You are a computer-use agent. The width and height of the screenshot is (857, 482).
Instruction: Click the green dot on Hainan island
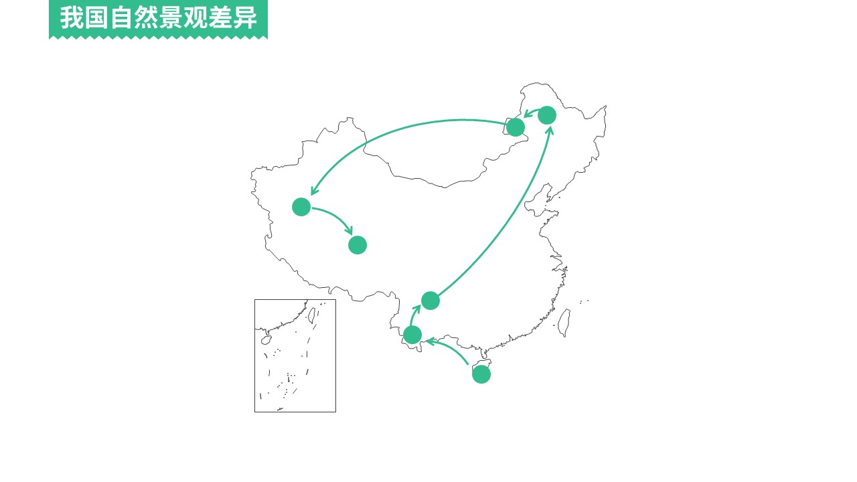(481, 374)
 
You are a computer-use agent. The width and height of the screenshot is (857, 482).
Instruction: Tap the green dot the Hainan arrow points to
(412, 335)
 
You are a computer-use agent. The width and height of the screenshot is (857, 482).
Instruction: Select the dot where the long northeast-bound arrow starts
(431, 301)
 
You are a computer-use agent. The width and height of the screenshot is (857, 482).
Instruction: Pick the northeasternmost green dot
(547, 115)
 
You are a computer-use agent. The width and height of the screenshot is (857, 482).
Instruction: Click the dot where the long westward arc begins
(516, 127)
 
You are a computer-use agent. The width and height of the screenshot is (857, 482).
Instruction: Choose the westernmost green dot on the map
(301, 207)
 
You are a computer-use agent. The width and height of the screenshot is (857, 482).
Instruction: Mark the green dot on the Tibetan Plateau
(358, 245)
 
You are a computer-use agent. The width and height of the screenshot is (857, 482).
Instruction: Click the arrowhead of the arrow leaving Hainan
(431, 341)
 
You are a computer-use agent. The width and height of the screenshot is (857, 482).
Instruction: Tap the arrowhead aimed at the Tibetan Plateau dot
(348, 230)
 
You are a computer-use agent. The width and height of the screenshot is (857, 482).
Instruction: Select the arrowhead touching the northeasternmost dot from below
(550, 131)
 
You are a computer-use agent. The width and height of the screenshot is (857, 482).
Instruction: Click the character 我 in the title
(72, 17)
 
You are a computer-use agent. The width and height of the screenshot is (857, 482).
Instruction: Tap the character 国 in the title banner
(96, 17)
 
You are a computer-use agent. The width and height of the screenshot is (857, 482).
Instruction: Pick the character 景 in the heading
(171, 17)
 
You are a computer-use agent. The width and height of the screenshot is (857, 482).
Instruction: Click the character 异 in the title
(245, 17)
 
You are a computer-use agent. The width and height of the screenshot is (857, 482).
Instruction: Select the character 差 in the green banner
(220, 17)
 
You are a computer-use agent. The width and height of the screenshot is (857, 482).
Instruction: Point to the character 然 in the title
(146, 17)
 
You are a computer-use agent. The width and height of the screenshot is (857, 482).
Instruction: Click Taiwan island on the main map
(564, 323)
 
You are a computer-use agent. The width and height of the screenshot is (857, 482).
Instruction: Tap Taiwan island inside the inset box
(312, 315)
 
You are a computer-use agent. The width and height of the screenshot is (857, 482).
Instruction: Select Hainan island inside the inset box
(266, 340)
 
